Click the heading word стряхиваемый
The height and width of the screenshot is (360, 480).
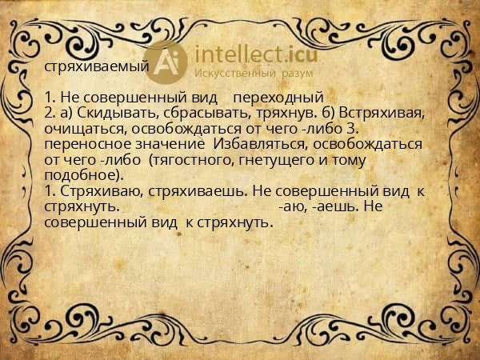click(x=96, y=66)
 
